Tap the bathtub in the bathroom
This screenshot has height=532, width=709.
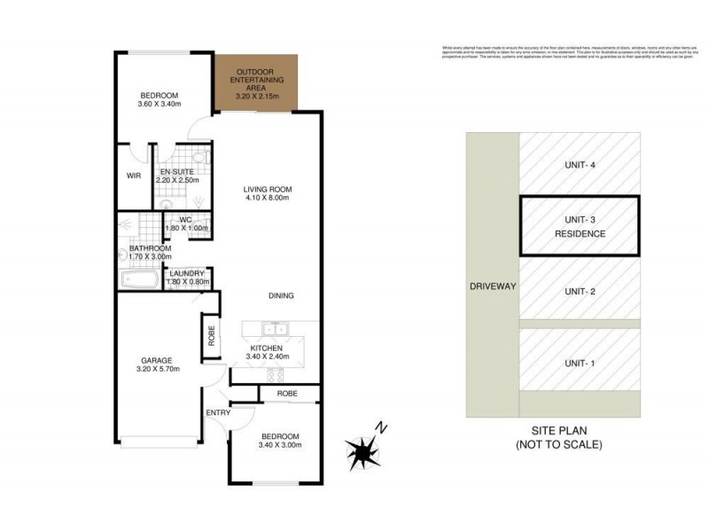[x=141, y=281]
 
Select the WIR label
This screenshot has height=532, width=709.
[x=134, y=176]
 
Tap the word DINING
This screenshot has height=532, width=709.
[x=281, y=296]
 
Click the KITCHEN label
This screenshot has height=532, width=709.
[x=266, y=348]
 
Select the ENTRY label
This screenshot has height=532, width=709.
[x=218, y=413]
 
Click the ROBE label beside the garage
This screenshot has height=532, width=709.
[x=210, y=338]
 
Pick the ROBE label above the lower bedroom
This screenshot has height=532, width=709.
[x=286, y=393]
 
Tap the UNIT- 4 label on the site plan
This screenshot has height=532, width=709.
[x=580, y=164]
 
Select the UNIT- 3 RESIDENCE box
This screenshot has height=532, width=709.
[x=580, y=225]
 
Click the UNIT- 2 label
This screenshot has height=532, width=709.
[x=580, y=291]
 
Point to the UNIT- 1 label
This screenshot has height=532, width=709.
[x=580, y=362]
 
